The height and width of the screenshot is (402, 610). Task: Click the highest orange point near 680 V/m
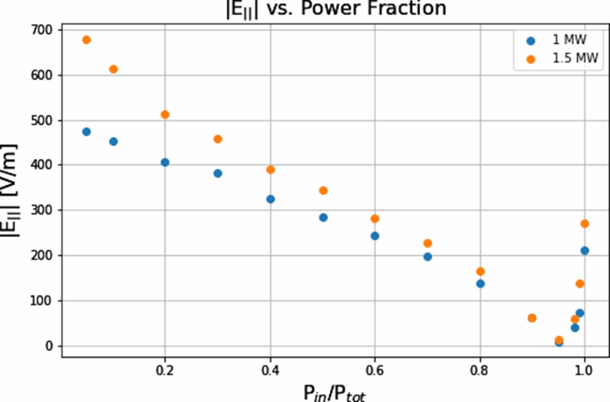click(87, 40)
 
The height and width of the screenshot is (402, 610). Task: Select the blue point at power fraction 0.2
click(165, 163)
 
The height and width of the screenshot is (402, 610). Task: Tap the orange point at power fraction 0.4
click(271, 170)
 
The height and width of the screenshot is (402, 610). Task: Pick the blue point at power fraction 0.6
click(375, 236)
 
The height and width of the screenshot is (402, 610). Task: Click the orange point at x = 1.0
click(584, 224)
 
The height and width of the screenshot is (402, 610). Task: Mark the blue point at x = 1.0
click(584, 250)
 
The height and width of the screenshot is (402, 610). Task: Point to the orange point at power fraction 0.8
click(480, 271)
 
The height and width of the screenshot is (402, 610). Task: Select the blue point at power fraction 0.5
click(323, 218)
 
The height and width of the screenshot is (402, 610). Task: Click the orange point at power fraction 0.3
click(218, 139)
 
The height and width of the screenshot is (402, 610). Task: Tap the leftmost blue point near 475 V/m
click(87, 132)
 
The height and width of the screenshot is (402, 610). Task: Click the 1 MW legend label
click(569, 40)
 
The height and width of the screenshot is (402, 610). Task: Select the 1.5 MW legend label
click(575, 58)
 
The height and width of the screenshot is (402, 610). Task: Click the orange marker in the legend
click(530, 59)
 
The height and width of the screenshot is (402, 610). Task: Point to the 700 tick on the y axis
click(42, 30)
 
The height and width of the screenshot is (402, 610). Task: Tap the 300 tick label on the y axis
click(42, 210)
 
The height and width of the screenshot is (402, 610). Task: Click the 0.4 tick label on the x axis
click(270, 370)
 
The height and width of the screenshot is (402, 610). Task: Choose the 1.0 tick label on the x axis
click(583, 370)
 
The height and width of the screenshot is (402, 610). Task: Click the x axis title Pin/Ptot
click(334, 393)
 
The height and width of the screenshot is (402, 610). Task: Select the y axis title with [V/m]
click(10, 190)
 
